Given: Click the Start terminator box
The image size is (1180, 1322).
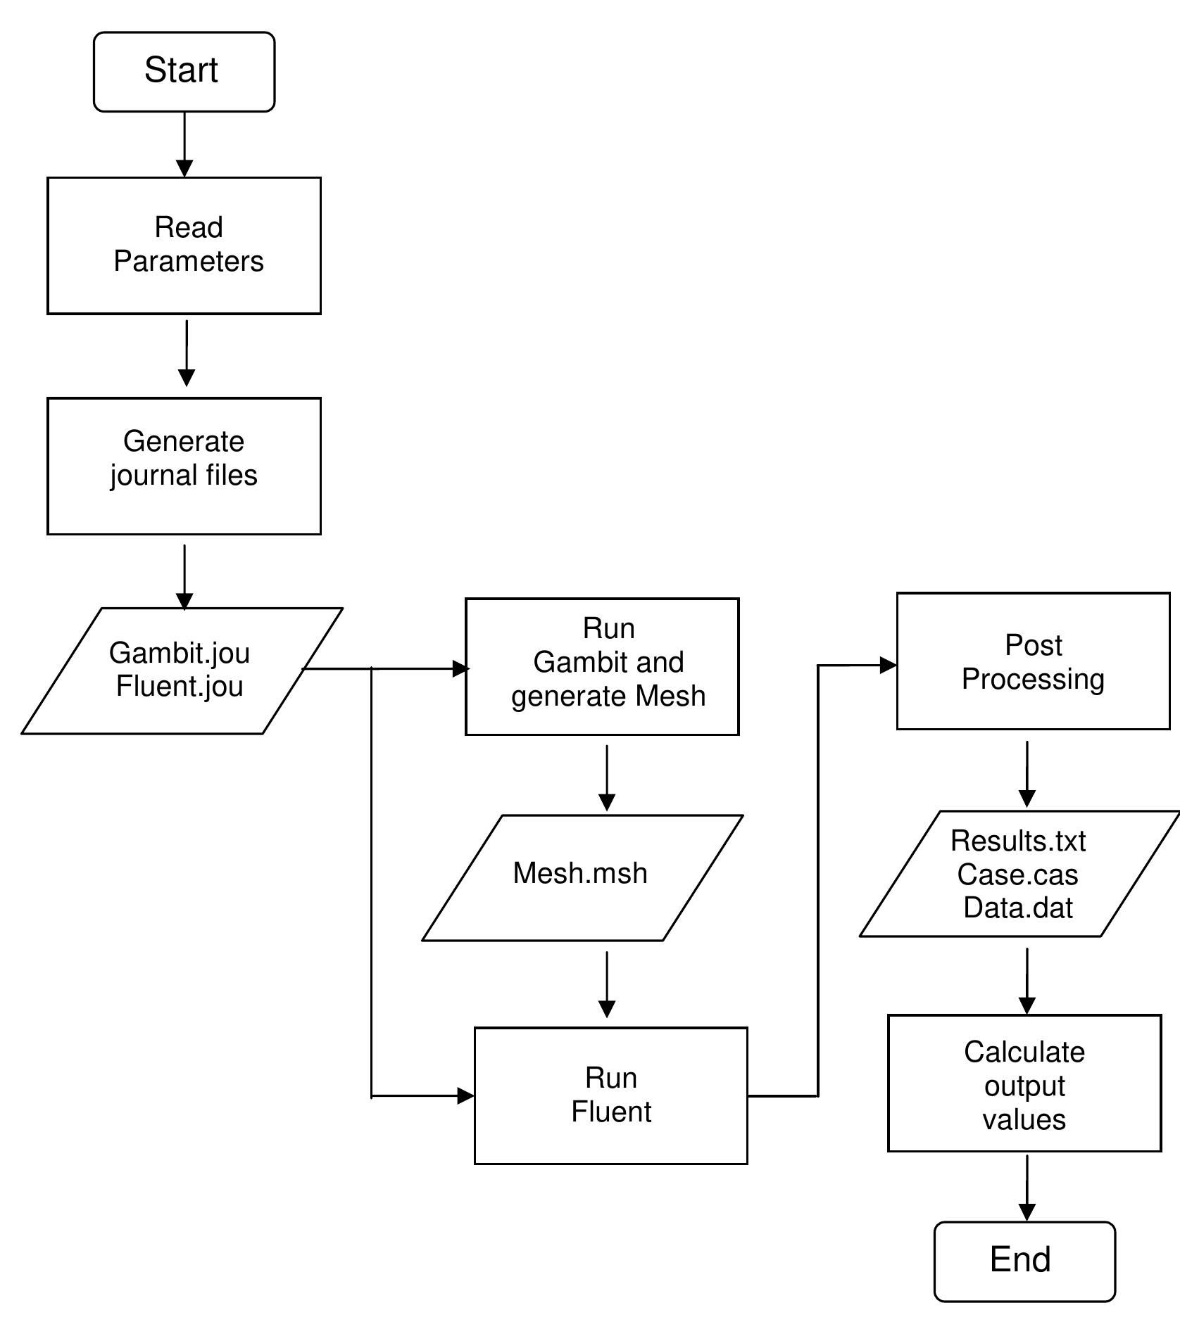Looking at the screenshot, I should [x=184, y=71].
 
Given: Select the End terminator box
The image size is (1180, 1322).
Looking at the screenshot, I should [x=1024, y=1261].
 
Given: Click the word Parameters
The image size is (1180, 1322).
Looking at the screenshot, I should [x=188, y=262].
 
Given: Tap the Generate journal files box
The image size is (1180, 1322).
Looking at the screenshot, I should [x=184, y=466].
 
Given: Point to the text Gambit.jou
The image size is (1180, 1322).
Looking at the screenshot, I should [x=179, y=653].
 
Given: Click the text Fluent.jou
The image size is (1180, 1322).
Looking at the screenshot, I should [x=179, y=687].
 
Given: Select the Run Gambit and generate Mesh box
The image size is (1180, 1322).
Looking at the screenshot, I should [x=602, y=666].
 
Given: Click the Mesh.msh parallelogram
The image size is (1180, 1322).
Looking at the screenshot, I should [x=582, y=877].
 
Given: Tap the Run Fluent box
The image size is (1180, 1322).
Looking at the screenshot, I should [x=610, y=1095].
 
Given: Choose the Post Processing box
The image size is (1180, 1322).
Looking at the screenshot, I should [x=1032, y=661].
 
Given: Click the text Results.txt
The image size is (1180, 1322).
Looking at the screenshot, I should [x=1017, y=841].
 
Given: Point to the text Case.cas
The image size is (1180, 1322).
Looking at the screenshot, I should [x=1017, y=875].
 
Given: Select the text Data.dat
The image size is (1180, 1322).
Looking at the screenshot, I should [x=1017, y=908].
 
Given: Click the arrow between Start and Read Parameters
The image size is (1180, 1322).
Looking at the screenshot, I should [x=184, y=144].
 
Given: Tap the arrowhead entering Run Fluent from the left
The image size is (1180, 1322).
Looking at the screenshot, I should [x=465, y=1095].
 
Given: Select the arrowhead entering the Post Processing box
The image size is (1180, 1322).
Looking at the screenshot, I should [x=888, y=665].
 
